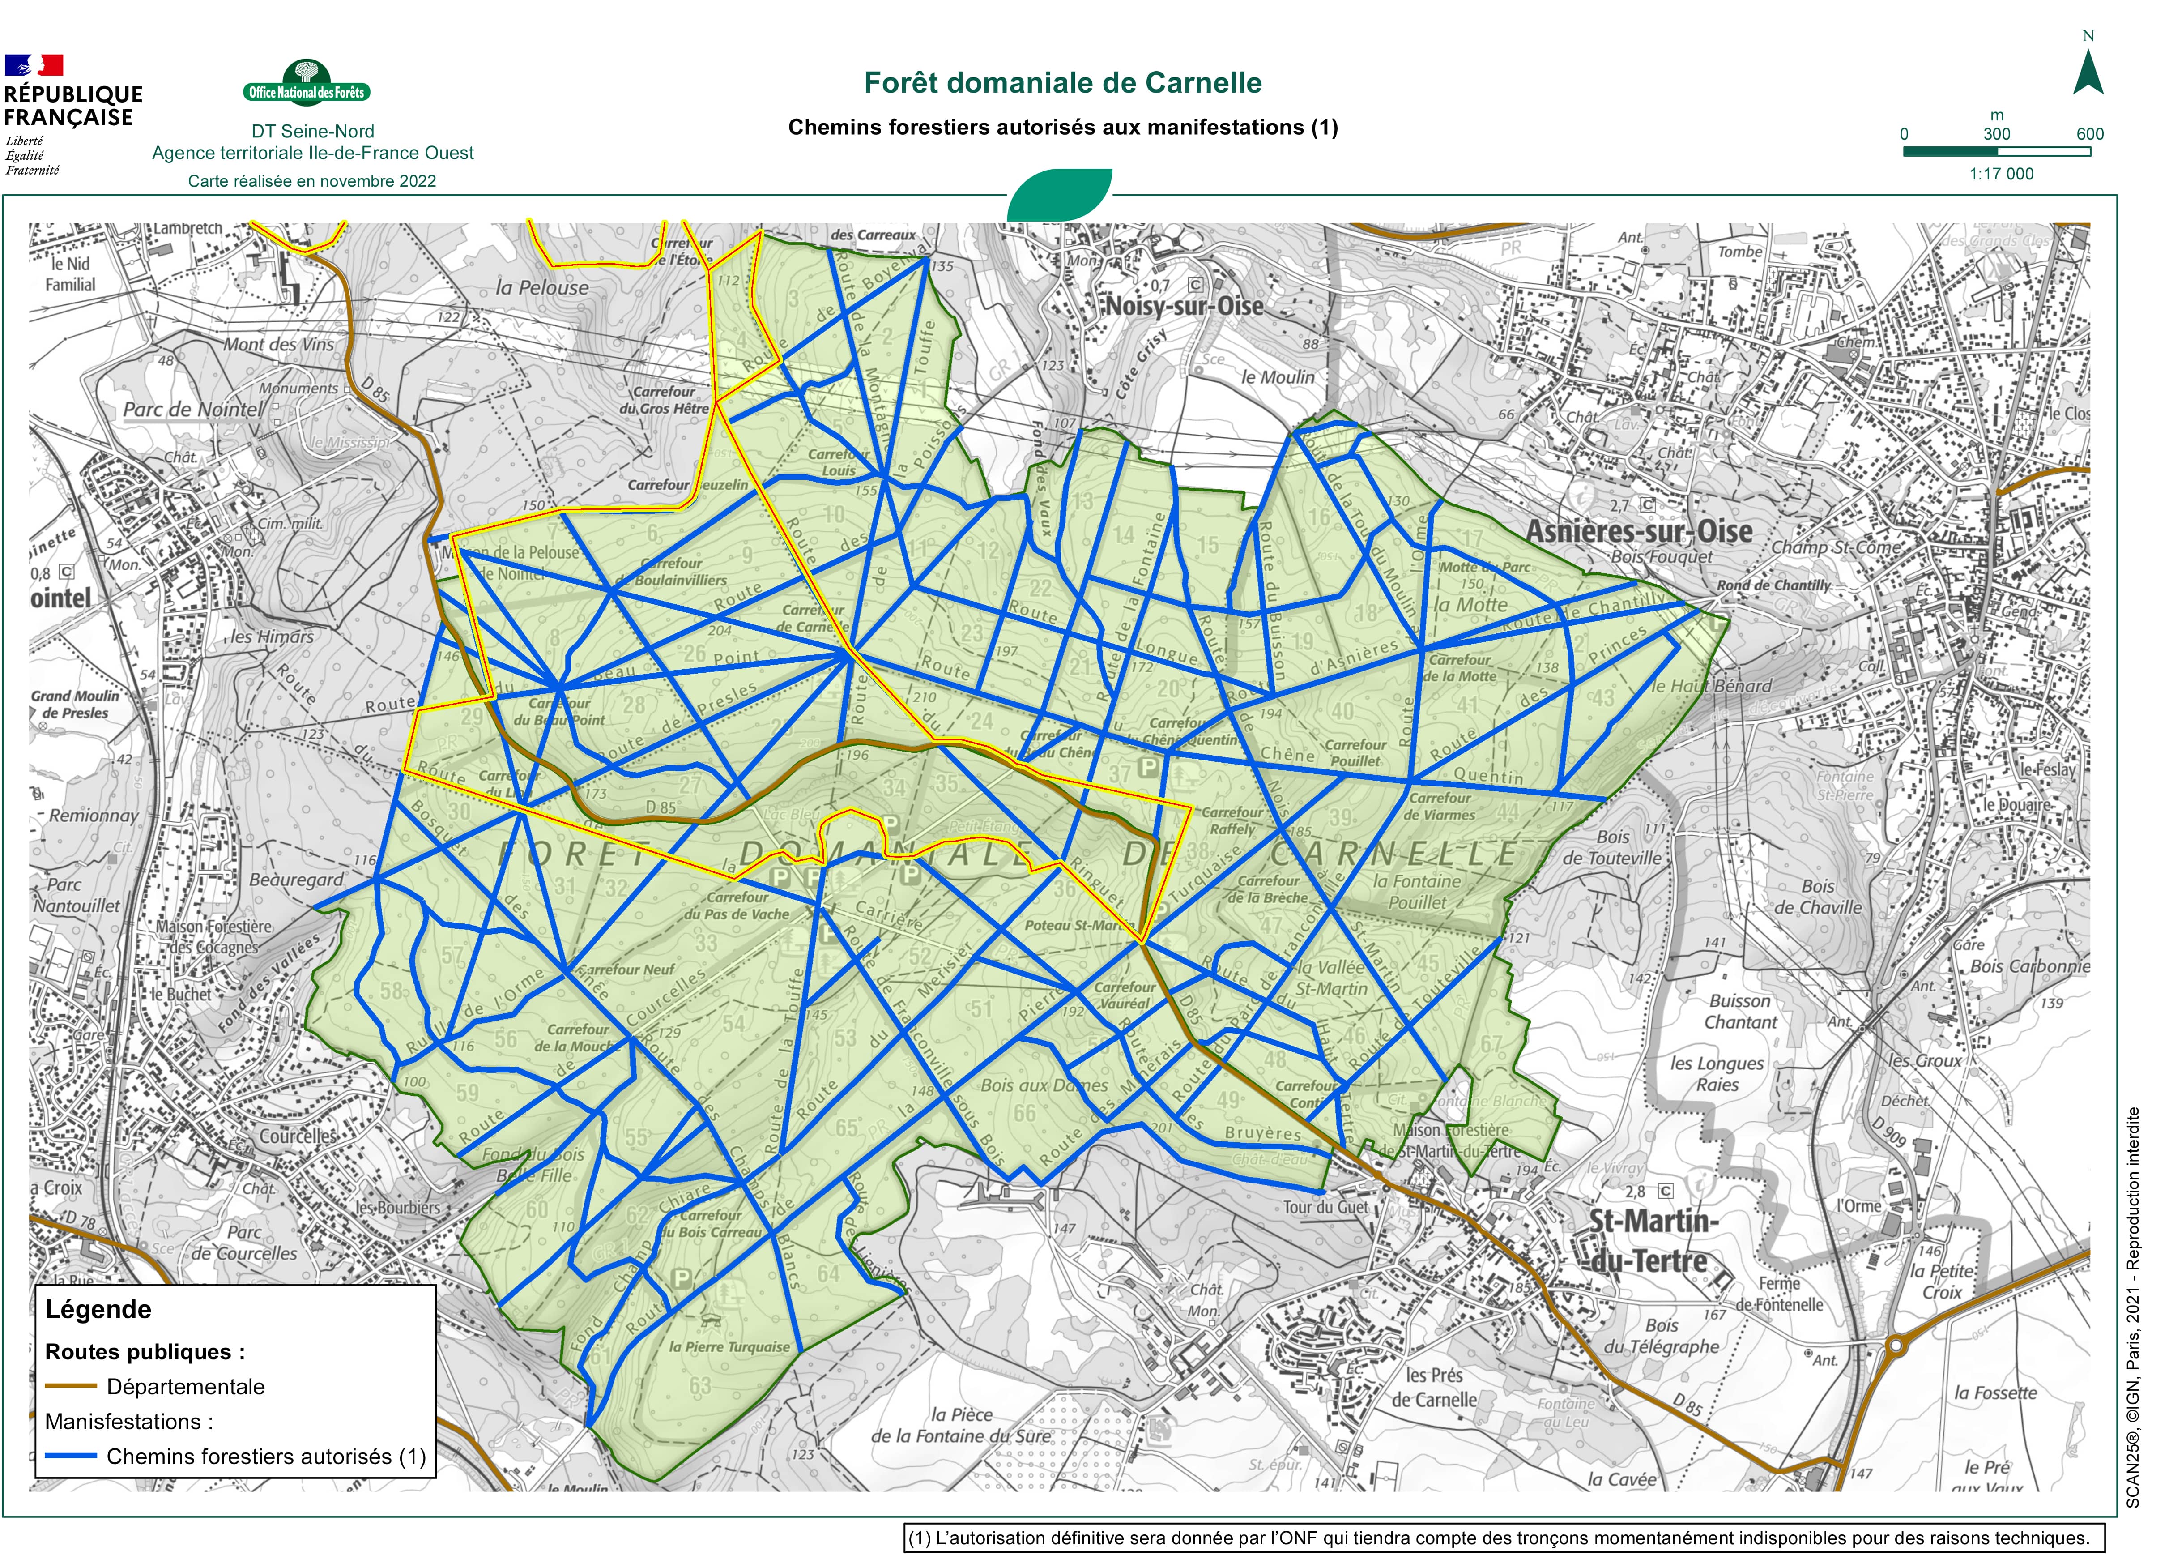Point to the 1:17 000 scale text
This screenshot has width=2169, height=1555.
pyautogui.click(x=2001, y=174)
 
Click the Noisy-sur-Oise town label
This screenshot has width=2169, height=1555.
pyautogui.click(x=1184, y=306)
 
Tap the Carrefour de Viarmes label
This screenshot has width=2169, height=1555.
pyautogui.click(x=1439, y=806)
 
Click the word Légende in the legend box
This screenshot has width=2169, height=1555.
pyautogui.click(x=98, y=1309)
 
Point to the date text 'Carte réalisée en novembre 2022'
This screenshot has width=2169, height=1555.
pyautogui.click(x=312, y=181)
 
